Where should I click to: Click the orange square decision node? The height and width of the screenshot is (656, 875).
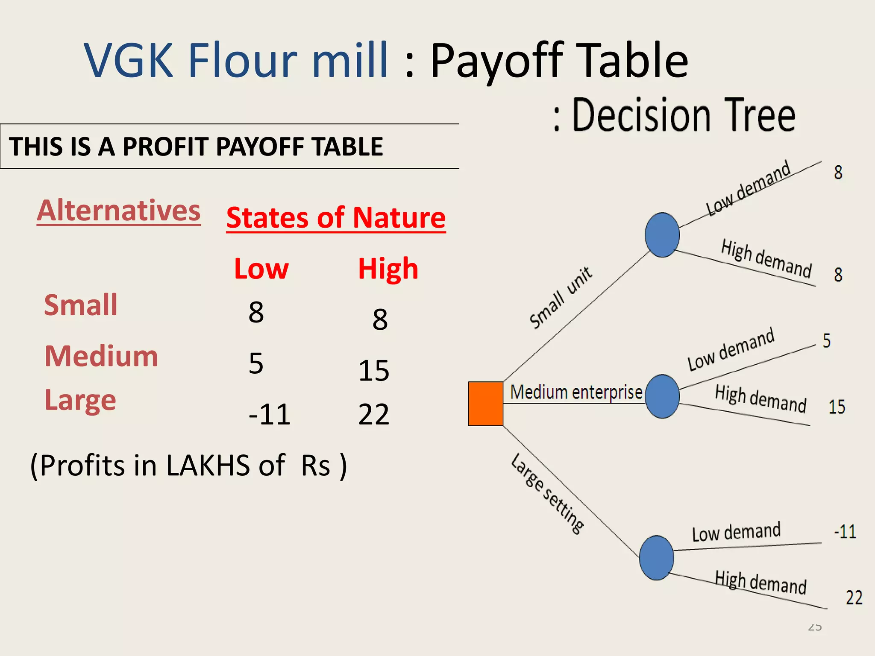[486, 404]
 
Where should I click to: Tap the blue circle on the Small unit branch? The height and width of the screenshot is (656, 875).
[662, 235]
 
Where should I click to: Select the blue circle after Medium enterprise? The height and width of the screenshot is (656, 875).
[662, 396]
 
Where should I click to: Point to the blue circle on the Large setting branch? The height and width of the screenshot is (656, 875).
[657, 557]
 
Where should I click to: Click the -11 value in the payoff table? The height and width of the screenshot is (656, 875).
[270, 414]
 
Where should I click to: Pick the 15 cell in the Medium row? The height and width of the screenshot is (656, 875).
[374, 370]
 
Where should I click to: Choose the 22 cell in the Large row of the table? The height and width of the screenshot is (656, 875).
[374, 414]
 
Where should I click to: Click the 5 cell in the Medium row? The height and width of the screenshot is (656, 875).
[256, 363]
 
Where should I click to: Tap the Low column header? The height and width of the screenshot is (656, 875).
[261, 269]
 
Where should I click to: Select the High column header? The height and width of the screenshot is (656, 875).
[388, 269]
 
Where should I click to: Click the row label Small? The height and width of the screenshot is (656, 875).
[81, 305]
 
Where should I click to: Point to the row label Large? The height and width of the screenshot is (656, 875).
[80, 400]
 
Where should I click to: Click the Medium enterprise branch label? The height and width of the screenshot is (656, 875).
[576, 392]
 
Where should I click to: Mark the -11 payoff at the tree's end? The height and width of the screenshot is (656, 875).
[845, 532]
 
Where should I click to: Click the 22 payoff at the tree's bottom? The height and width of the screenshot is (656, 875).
[854, 598]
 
